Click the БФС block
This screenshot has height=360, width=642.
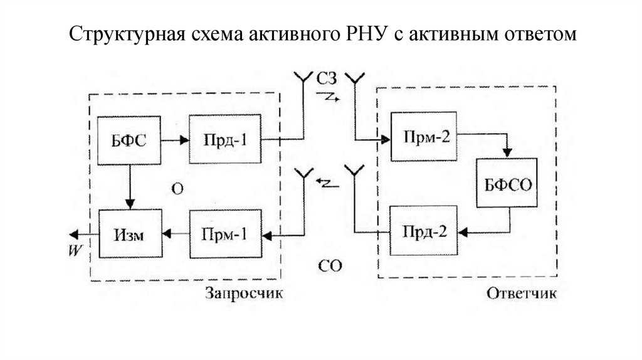pos(130,140)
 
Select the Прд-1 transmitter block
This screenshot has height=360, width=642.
pos(225,140)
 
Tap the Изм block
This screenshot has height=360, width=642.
pos(130,234)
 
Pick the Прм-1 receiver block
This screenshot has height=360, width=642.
pos(225,235)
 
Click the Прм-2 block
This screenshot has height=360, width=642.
pos(423,136)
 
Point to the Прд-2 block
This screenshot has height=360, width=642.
pos(423,230)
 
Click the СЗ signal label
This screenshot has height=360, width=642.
pos(327,79)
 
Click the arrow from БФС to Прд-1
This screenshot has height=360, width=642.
pos(175,140)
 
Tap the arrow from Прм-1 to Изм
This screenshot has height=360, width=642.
pos(175,235)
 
